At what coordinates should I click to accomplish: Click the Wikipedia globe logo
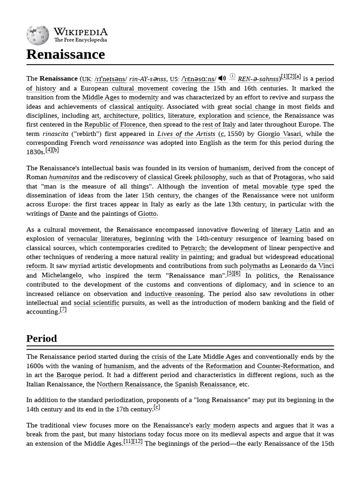[37, 35]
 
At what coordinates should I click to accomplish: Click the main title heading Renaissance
[66, 54]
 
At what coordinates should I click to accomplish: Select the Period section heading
[42, 338]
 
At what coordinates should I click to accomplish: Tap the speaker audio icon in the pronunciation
[222, 78]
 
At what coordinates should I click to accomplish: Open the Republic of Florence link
[115, 125]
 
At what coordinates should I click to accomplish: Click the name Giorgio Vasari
[279, 134]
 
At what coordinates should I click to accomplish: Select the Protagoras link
[289, 177]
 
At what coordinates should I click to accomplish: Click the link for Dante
[68, 214]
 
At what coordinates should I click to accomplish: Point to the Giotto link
[147, 214]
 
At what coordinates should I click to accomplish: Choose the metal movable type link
[273, 187]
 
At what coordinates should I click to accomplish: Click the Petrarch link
[193, 248]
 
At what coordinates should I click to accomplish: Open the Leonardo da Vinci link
[307, 266]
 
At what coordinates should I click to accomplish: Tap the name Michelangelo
[61, 276]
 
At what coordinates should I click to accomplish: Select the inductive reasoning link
[174, 294]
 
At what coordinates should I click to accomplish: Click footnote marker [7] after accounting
[63, 310]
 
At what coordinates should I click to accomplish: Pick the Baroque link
[69, 375]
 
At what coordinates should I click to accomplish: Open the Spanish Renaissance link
[205, 384]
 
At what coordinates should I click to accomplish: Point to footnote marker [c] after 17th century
[157, 407]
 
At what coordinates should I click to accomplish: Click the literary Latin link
[291, 230]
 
